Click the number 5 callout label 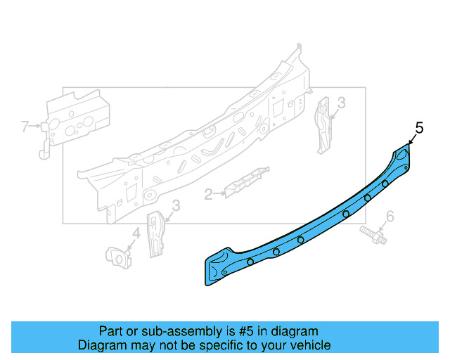[x=420, y=127]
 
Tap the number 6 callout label [x=390, y=215]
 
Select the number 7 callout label [x=25, y=127]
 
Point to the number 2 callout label [x=208, y=195]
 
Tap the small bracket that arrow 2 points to [x=246, y=180]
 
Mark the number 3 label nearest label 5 [x=341, y=103]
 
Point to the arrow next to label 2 [x=219, y=193]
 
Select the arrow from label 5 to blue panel [x=412, y=139]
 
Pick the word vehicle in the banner [x=308, y=345]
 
